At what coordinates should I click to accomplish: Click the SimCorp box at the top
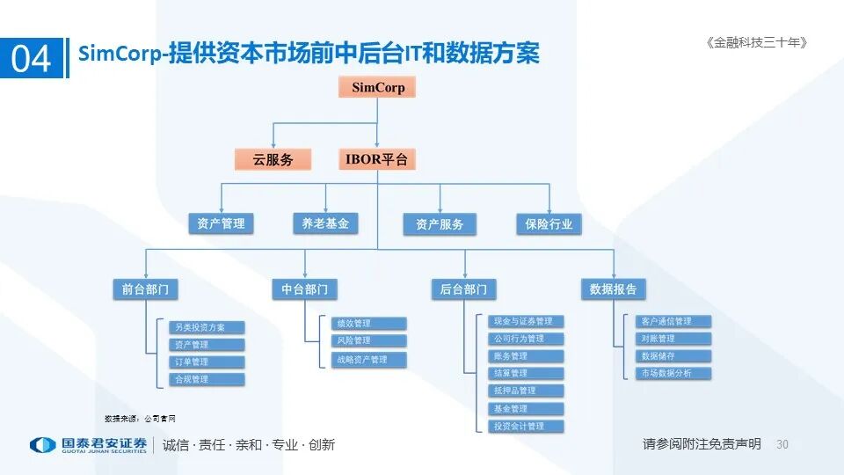(377, 87)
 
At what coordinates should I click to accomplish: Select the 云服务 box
(273, 159)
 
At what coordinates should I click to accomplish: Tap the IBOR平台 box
(376, 159)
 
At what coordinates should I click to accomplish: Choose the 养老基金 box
(325, 223)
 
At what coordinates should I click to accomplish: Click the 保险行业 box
(549, 224)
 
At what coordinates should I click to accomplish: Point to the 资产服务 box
(440, 224)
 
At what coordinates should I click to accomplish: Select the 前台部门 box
(146, 289)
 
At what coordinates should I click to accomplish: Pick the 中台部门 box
(304, 289)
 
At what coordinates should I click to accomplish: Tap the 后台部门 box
(463, 289)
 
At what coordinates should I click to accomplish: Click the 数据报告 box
(613, 289)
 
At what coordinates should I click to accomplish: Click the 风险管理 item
(368, 340)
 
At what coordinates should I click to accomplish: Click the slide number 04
(32, 59)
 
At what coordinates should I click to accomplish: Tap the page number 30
(782, 444)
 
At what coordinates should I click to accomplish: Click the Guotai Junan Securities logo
(88, 444)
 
